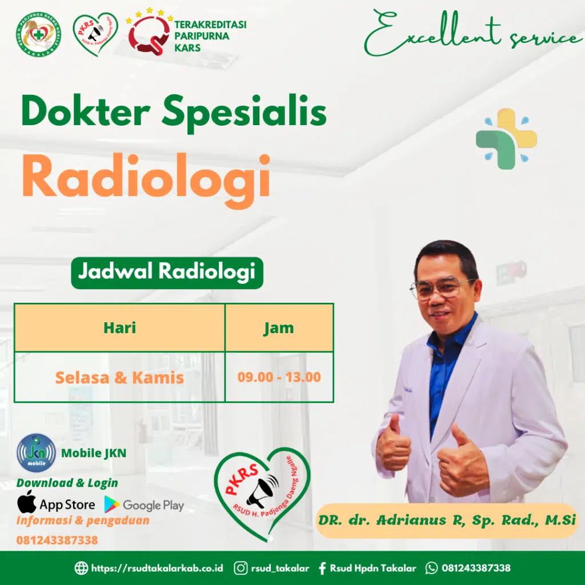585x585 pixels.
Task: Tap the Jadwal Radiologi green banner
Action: (166, 273)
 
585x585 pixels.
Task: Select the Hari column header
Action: (119, 328)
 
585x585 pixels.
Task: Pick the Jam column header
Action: (279, 328)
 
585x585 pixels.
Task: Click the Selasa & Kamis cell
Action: (119, 378)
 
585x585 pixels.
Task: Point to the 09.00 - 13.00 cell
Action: (279, 378)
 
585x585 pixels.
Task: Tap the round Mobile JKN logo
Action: (36, 452)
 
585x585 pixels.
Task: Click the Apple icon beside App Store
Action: (26, 503)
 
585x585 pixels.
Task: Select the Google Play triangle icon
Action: (112, 504)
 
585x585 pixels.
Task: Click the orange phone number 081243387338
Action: (57, 540)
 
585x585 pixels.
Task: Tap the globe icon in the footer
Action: (82, 568)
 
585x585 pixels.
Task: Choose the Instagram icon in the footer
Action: (241, 568)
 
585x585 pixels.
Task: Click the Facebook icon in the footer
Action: (322, 568)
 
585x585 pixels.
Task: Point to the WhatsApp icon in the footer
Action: (432, 568)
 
